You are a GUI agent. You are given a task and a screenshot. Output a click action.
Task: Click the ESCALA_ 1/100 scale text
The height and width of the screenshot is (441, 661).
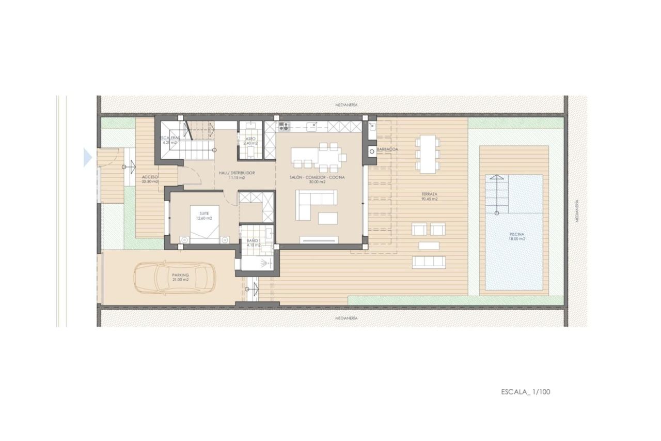525,391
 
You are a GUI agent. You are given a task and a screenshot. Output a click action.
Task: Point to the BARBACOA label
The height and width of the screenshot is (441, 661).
388,149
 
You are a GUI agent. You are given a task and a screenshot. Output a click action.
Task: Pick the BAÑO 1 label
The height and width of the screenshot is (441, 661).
253,242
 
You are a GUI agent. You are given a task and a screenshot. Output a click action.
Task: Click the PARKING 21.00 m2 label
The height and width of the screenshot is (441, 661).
181,277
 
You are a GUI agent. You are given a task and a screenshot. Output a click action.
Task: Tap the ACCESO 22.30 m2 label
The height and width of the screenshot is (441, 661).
150,179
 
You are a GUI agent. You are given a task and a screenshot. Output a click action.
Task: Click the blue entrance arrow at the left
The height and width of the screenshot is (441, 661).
88,157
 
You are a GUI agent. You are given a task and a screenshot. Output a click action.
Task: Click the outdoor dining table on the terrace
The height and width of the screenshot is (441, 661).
428,154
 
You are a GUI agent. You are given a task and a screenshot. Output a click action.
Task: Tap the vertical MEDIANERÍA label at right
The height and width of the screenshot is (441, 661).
577,211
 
